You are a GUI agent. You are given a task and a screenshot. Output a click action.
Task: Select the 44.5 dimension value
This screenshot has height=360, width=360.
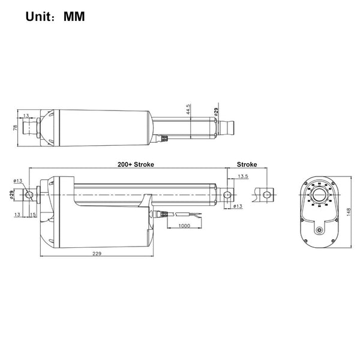[188, 111]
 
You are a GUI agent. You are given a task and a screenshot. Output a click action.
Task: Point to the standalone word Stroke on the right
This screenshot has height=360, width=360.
[247, 163]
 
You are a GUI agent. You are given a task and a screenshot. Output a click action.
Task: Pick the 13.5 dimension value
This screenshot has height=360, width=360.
[242, 177]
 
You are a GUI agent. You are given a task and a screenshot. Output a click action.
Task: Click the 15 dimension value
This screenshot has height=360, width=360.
[33, 214]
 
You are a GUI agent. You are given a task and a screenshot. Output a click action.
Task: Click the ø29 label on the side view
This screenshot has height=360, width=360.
[12, 194]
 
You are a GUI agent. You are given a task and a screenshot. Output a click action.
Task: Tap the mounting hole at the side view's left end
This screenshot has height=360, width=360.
[29, 195]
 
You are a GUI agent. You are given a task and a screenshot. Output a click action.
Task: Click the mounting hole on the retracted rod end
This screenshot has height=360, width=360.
[228, 196]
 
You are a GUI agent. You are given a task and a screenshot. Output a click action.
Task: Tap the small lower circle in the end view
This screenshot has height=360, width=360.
[319, 229]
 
